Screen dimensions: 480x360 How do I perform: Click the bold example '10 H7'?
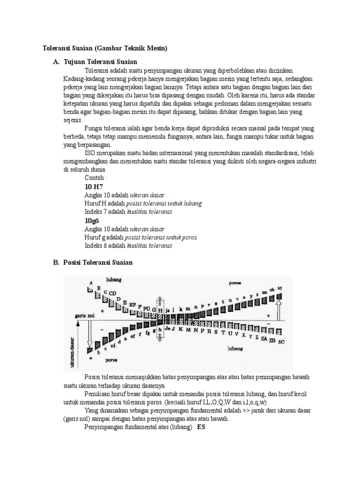(94, 186)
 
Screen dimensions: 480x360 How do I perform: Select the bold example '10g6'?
(92, 220)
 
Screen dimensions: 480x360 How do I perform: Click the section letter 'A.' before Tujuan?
(56, 62)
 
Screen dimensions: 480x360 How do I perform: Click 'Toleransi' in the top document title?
(56, 48)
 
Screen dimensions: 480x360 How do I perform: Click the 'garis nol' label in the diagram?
(84, 316)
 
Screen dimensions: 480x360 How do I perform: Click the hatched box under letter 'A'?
(90, 290)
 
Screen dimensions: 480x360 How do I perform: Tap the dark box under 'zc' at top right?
(280, 296)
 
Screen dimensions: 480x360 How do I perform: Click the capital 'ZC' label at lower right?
(281, 342)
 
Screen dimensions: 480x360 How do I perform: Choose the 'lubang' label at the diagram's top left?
(113, 279)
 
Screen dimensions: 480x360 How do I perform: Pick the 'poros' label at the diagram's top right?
(235, 283)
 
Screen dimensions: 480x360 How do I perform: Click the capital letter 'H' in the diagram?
(160, 311)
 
